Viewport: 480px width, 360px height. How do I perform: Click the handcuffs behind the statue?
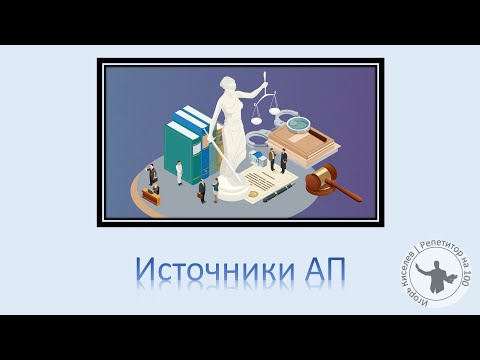point(263,139)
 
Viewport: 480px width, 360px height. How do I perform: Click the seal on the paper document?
point(261,184)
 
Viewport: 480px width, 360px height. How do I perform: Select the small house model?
point(271,157)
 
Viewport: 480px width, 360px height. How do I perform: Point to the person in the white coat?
point(180,172)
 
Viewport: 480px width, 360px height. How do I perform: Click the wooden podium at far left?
point(151,195)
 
